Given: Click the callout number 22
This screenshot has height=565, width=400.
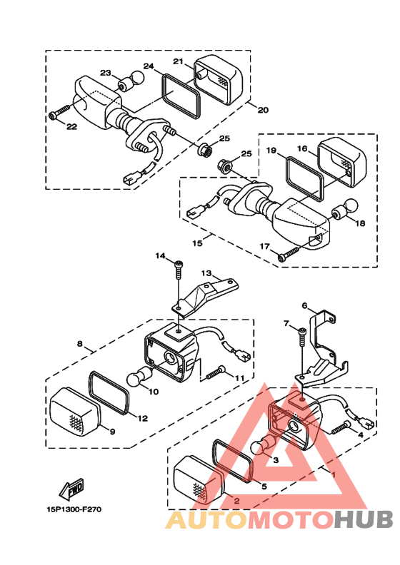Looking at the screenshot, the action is [x=71, y=126].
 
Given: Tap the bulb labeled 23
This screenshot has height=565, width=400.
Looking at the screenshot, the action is [x=131, y=81].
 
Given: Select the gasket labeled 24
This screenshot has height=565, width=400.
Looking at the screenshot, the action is [x=180, y=96].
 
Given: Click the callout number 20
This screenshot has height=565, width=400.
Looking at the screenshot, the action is [x=263, y=109].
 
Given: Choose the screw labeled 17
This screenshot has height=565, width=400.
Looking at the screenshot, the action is [x=289, y=253].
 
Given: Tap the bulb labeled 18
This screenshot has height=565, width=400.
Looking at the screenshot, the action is [x=344, y=210].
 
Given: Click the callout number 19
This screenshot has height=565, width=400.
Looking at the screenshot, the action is [x=271, y=150].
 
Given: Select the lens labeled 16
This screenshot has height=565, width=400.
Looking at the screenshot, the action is [x=342, y=162].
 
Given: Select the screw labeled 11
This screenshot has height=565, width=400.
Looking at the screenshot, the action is [x=216, y=372].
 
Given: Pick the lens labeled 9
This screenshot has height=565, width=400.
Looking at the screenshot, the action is [x=76, y=412].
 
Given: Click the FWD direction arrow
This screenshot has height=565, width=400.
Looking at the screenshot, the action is [x=71, y=489].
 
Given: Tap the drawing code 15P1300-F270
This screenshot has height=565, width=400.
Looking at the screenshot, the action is [x=74, y=509].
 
